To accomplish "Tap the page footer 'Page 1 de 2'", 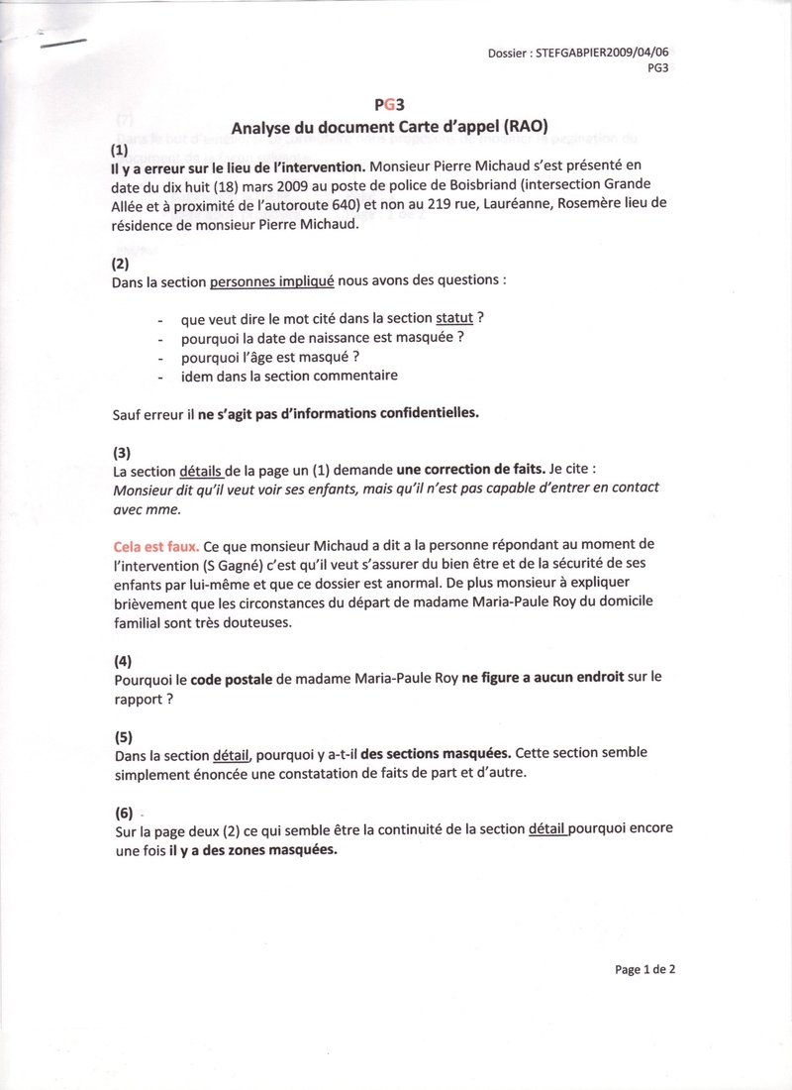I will click(645, 969).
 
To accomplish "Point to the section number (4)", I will click(122, 660).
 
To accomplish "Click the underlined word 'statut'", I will click(454, 319).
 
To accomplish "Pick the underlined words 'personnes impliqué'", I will click(272, 280).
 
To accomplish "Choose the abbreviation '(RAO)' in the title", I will click(521, 127).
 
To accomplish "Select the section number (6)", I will click(123, 813).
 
